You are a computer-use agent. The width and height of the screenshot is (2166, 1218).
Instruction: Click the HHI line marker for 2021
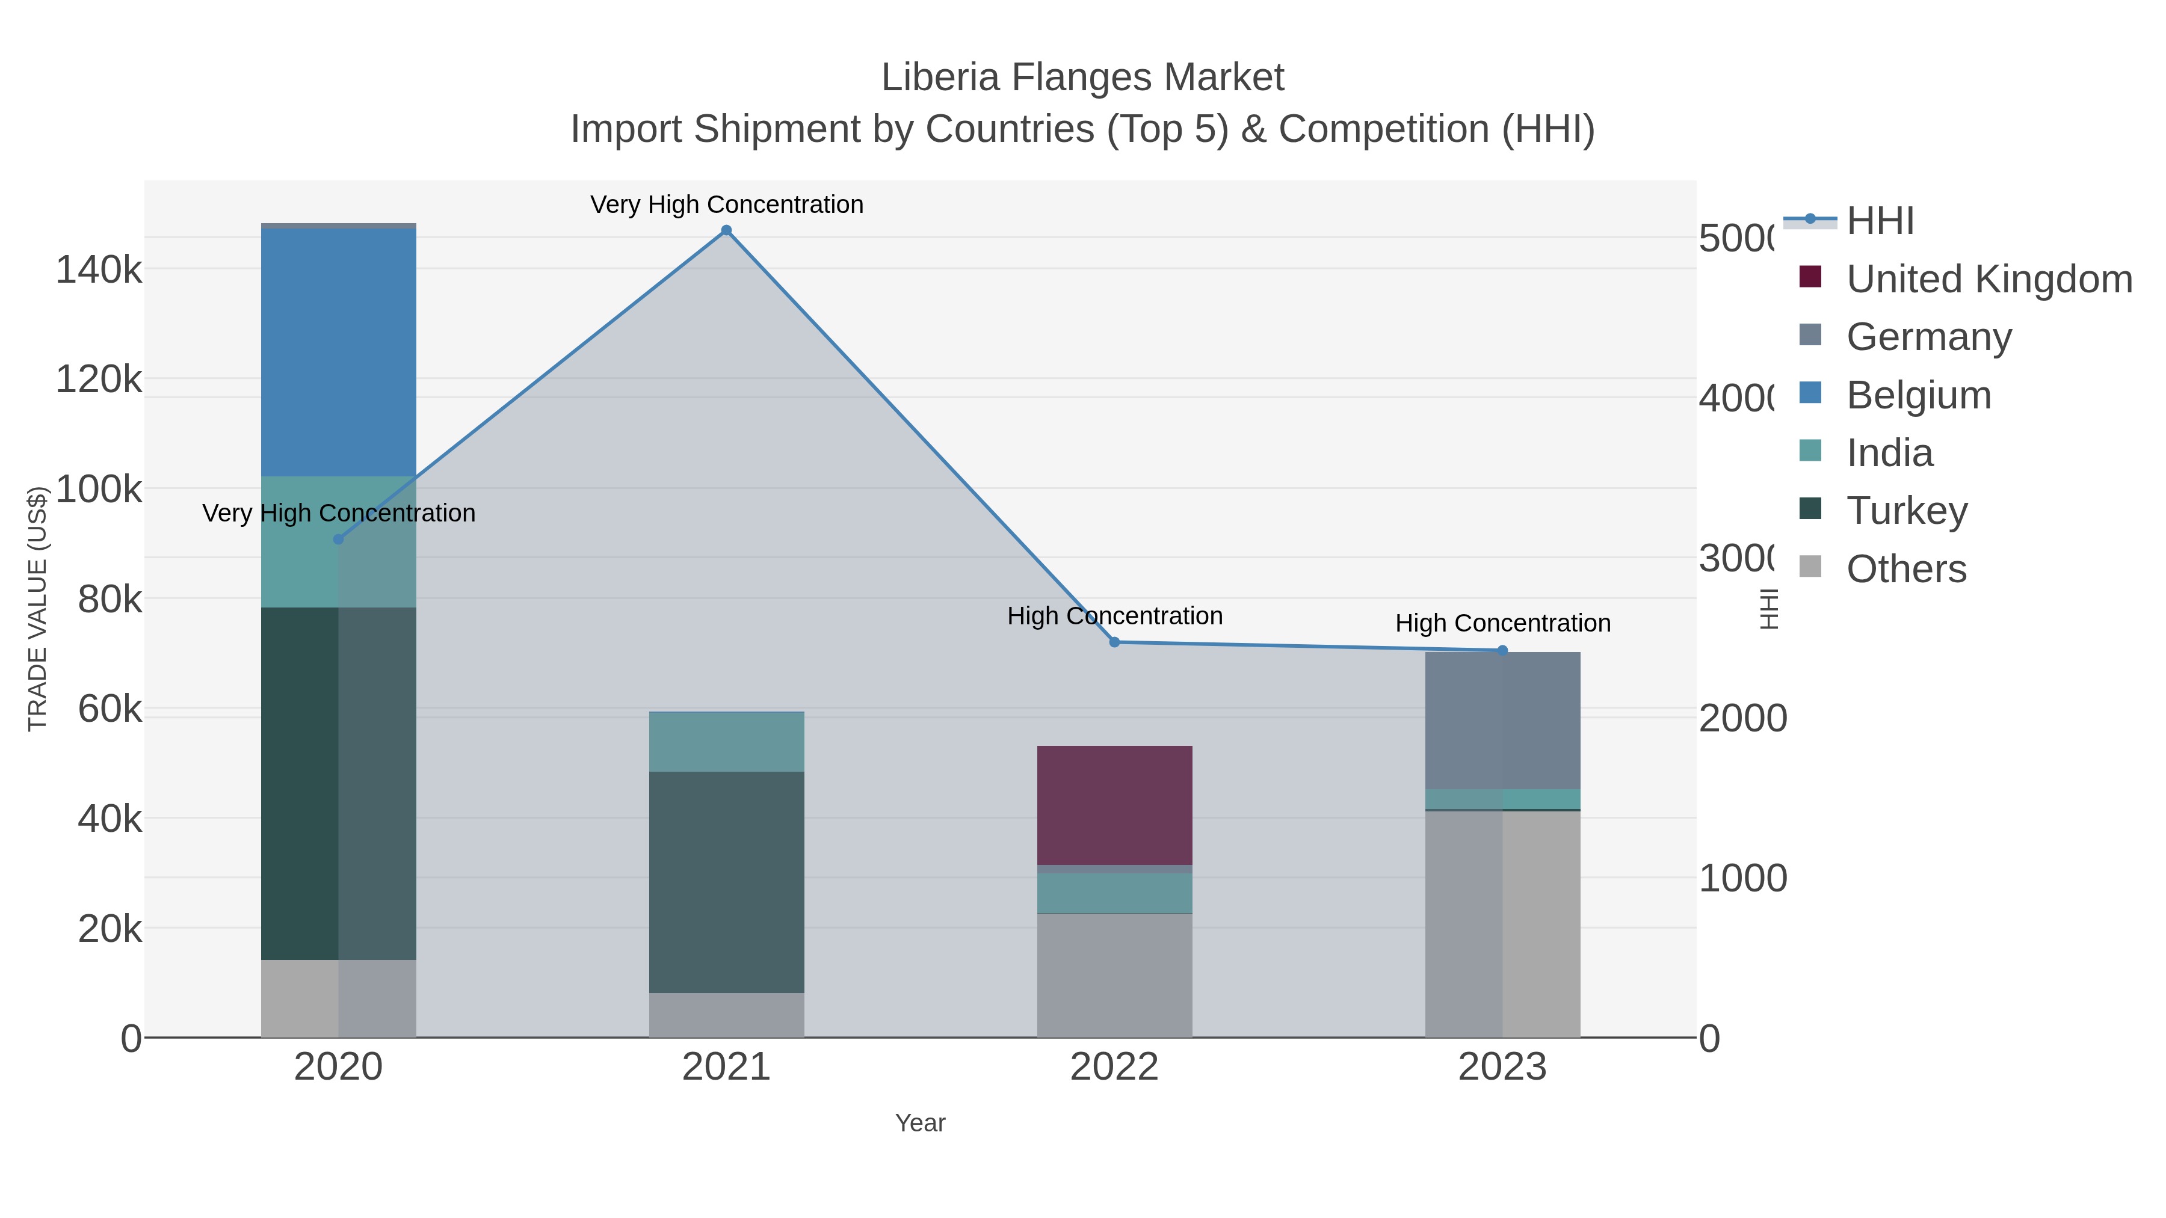pyautogui.click(x=726, y=230)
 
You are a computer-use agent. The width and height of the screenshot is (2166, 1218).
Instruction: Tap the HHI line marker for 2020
pyautogui.click(x=339, y=539)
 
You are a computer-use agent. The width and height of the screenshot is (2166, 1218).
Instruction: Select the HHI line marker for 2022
pyautogui.click(x=1115, y=642)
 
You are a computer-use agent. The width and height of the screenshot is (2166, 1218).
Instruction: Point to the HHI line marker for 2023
pyautogui.click(x=1502, y=650)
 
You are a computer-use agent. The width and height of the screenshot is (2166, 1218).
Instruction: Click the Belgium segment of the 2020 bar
pyautogui.click(x=339, y=352)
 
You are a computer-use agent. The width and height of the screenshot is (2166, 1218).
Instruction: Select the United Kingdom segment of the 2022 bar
pyautogui.click(x=1115, y=805)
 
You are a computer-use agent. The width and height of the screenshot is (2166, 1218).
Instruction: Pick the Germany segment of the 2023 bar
pyautogui.click(x=1502, y=721)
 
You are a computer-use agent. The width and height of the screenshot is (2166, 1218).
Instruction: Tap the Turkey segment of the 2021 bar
pyautogui.click(x=726, y=882)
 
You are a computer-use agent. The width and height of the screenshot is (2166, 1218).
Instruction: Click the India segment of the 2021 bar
pyautogui.click(x=726, y=742)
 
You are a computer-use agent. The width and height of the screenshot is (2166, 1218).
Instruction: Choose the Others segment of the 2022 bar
pyautogui.click(x=1115, y=975)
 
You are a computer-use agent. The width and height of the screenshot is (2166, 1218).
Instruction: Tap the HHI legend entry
pyautogui.click(x=1880, y=221)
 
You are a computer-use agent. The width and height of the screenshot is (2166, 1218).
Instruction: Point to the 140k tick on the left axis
pyautogui.click(x=99, y=271)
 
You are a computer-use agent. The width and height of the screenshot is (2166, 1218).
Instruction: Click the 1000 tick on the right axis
pyautogui.click(x=1742, y=878)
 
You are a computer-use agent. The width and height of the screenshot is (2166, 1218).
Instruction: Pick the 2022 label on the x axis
pyautogui.click(x=1115, y=1068)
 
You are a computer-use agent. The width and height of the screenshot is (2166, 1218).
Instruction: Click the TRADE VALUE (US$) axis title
pyautogui.click(x=38, y=609)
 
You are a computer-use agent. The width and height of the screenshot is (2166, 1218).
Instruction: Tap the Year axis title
pyautogui.click(x=920, y=1123)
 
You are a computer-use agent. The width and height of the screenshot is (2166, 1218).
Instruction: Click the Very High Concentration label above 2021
pyautogui.click(x=726, y=205)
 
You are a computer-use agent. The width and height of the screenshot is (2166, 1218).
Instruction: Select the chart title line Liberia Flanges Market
pyautogui.click(x=1082, y=78)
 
